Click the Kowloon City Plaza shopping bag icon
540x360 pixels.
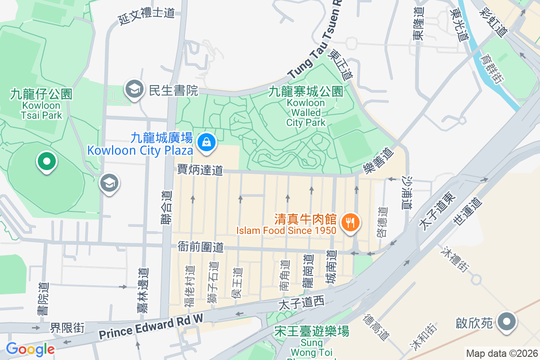click(x=206, y=142)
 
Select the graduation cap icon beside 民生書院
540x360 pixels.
click(x=134, y=90)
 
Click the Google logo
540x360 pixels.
click(x=30, y=349)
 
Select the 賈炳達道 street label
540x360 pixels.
click(x=200, y=170)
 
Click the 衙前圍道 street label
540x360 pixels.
click(x=200, y=247)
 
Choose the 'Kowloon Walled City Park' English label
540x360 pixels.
click(x=306, y=112)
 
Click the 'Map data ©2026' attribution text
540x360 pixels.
click(x=502, y=353)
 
